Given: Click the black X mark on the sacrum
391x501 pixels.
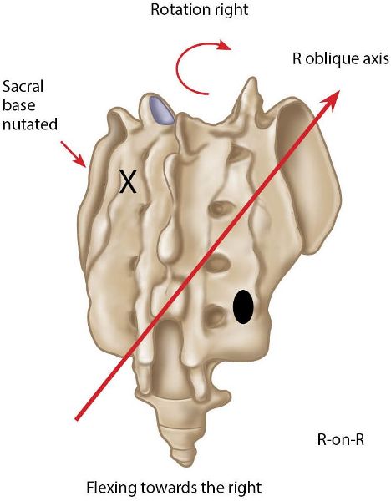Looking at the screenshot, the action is pyautogui.click(x=128, y=181).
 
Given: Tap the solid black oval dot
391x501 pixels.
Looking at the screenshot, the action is pyautogui.click(x=243, y=306).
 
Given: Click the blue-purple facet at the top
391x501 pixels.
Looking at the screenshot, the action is pyautogui.click(x=161, y=110).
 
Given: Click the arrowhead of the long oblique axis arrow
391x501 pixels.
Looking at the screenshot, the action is pyautogui.click(x=331, y=99).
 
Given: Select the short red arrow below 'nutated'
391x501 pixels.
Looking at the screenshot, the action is pyautogui.click(x=74, y=154).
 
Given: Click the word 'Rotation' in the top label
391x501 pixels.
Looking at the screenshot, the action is pyautogui.click(x=175, y=9).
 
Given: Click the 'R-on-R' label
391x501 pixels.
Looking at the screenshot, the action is pyautogui.click(x=341, y=440).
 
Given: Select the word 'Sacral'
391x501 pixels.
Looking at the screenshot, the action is pyautogui.click(x=23, y=86).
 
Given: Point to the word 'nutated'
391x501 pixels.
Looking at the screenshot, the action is pyautogui.click(x=30, y=124).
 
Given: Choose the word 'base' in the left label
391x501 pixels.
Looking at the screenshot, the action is pyautogui.click(x=19, y=105).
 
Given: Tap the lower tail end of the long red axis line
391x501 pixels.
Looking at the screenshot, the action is pyautogui.click(x=76, y=419).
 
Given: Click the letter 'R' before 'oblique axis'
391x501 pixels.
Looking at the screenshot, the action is pyautogui.click(x=297, y=59).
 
